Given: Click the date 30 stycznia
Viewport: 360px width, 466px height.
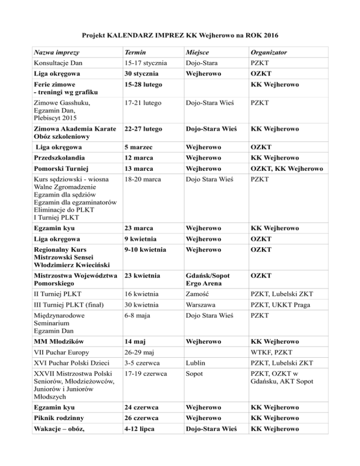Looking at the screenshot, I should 140,74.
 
